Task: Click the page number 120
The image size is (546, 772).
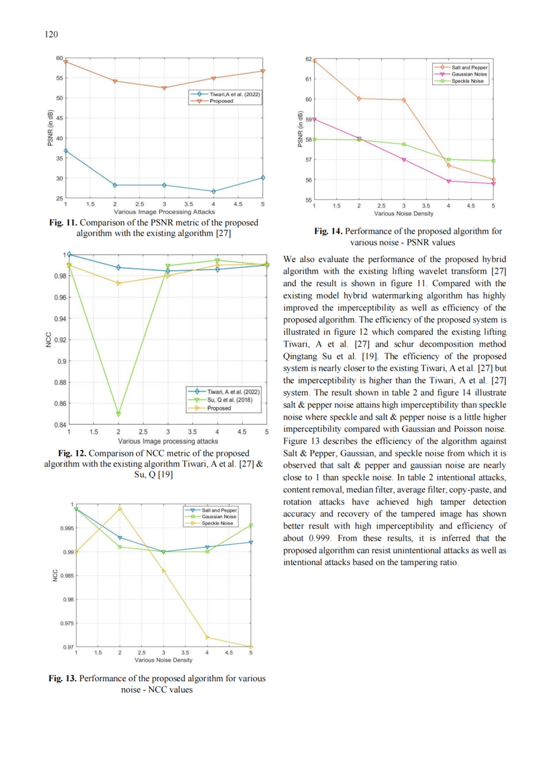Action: (x=51, y=34)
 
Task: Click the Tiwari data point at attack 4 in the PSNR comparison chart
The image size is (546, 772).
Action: (x=213, y=191)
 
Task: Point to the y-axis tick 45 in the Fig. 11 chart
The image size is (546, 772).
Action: (x=60, y=118)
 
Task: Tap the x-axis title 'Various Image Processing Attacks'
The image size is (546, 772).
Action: (x=164, y=211)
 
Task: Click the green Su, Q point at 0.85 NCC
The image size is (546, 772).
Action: (x=119, y=414)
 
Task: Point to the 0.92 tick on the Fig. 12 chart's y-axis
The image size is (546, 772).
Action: (x=60, y=340)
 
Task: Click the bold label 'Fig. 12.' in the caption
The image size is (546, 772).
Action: (x=72, y=453)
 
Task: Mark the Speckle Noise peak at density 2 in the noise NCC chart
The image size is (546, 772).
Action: (x=120, y=509)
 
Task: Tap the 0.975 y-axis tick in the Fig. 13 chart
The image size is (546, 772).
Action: (x=67, y=623)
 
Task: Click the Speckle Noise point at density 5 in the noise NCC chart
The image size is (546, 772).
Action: (x=251, y=647)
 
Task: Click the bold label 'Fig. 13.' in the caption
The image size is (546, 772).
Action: (x=62, y=678)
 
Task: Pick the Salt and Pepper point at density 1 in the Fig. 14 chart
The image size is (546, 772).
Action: (x=314, y=61)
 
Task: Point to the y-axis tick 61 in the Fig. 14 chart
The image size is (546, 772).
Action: (x=308, y=79)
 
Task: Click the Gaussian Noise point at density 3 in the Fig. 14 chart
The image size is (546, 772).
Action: (x=404, y=160)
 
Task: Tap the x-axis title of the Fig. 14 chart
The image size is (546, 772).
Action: (x=404, y=214)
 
